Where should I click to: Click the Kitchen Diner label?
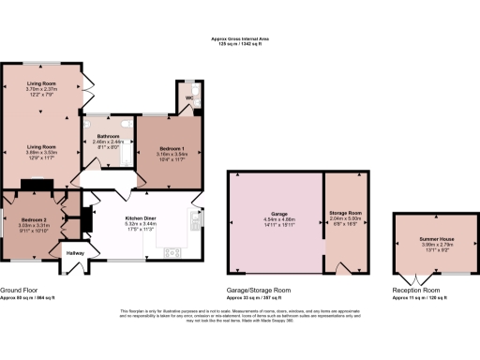(x=146, y=218)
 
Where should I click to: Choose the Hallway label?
(x=75, y=252)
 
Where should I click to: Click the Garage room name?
(x=275, y=219)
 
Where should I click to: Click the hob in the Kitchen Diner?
(x=172, y=251)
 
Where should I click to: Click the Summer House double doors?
(x=419, y=278)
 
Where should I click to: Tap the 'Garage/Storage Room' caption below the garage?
(x=259, y=290)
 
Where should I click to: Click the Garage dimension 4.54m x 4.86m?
(x=275, y=225)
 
